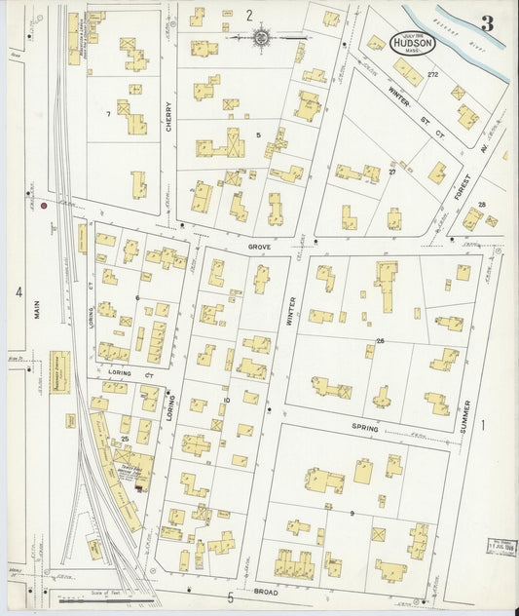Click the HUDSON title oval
414,43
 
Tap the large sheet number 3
486,23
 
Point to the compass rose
262,38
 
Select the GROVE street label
259,248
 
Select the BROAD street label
265,592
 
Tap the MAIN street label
38,310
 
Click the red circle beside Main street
44,206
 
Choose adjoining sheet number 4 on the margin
18,291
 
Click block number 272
432,75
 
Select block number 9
352,513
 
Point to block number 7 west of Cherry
107,115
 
